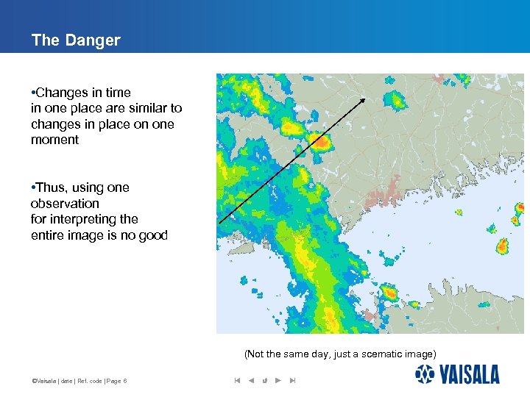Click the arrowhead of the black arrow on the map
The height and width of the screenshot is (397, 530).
(364, 99)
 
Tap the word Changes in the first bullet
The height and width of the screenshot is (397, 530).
(60, 93)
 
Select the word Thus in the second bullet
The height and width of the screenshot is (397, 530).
(50, 187)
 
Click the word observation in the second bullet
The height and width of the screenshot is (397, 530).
(65, 204)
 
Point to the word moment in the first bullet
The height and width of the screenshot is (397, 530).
(54, 140)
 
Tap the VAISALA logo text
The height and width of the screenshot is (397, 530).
(470, 376)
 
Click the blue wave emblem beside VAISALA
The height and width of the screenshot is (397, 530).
(425, 375)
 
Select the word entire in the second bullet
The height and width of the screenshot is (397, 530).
(47, 235)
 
